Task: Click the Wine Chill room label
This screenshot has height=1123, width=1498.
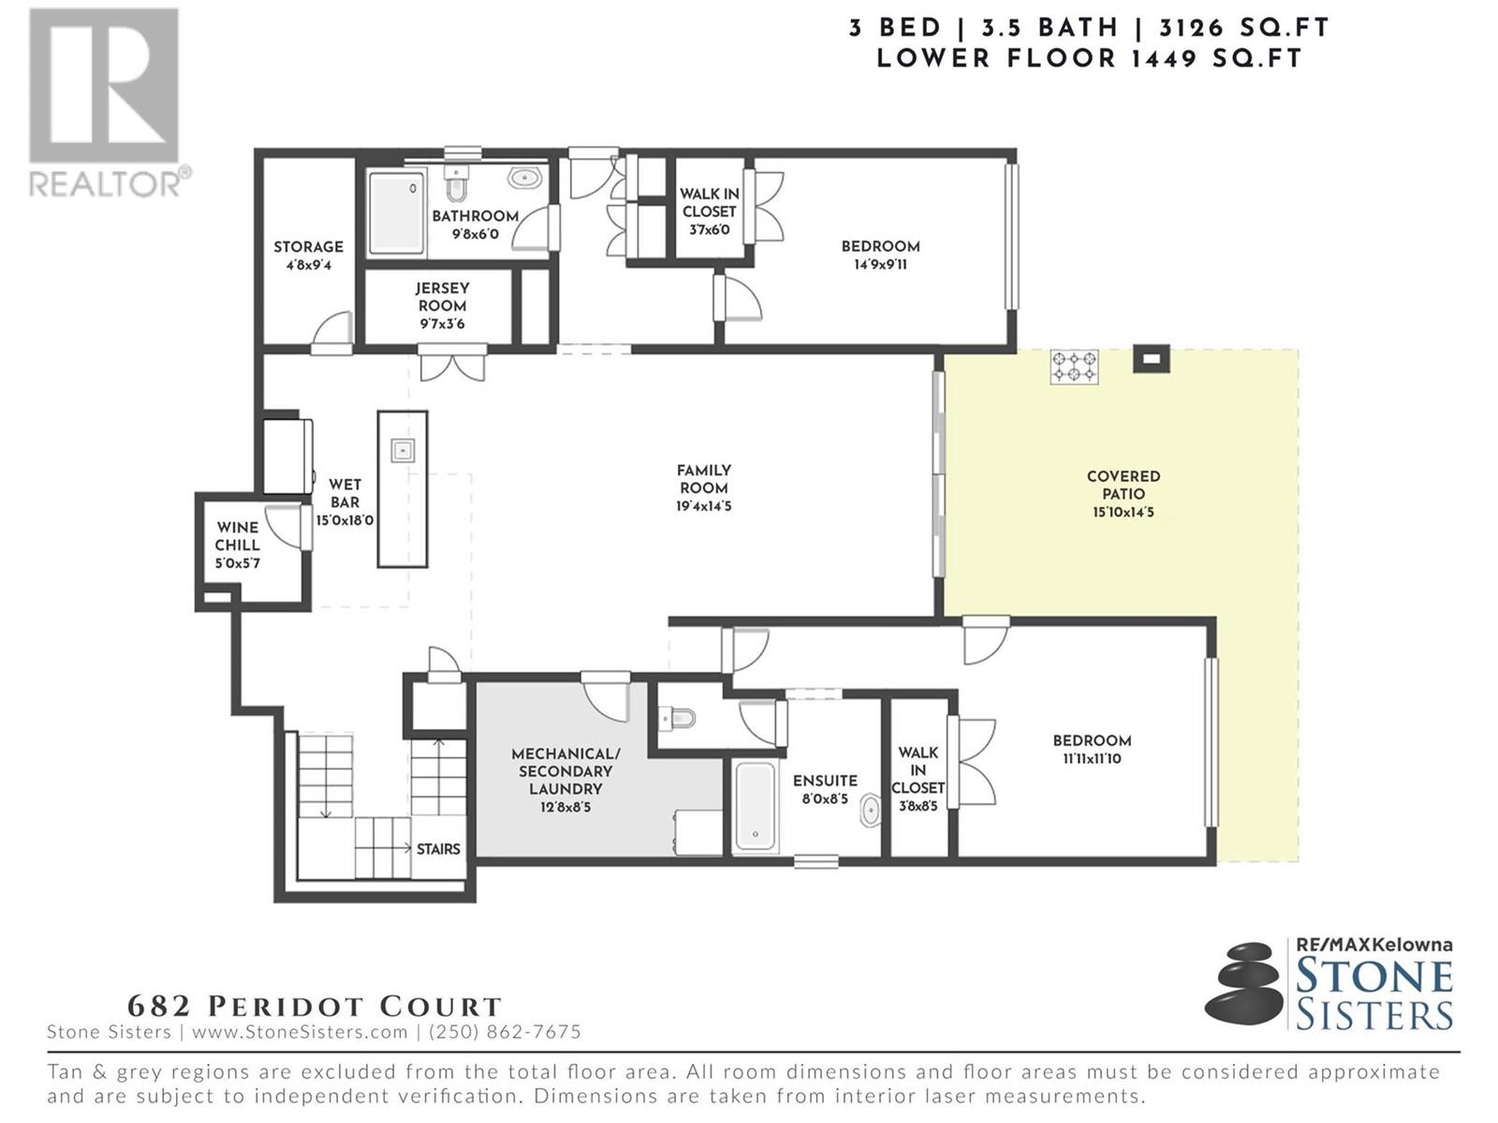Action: pyautogui.click(x=237, y=536)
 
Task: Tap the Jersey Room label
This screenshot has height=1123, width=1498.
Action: pyautogui.click(x=442, y=298)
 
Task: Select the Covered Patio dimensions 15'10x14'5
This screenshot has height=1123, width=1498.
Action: pyautogui.click(x=1123, y=512)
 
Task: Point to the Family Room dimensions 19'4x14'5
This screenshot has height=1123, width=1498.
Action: pyautogui.click(x=704, y=506)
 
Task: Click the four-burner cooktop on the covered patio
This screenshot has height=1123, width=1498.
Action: pyautogui.click(x=1074, y=367)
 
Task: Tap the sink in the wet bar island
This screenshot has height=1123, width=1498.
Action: pyautogui.click(x=402, y=450)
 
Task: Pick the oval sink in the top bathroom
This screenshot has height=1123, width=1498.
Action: pyautogui.click(x=524, y=178)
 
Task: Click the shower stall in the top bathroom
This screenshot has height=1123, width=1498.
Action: pyautogui.click(x=396, y=212)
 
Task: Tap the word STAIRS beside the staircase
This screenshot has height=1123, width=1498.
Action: pyautogui.click(x=438, y=849)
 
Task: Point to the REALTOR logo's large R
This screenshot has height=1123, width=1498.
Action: pyautogui.click(x=104, y=86)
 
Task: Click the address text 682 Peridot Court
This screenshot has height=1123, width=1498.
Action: pyautogui.click(x=315, y=1006)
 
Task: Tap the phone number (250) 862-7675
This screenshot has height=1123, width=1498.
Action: pyautogui.click(x=505, y=1031)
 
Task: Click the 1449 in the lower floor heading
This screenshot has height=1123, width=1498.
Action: pyautogui.click(x=1165, y=59)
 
